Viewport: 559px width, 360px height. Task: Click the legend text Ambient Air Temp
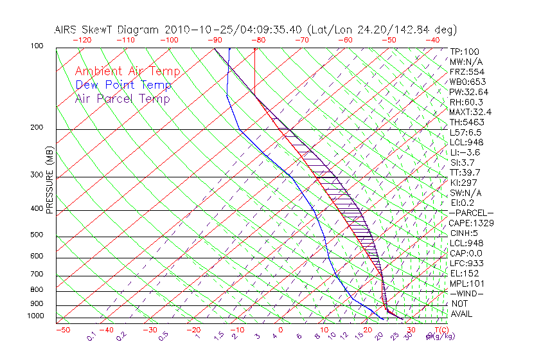tap(127, 71)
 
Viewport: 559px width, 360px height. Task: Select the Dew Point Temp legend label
tap(123, 85)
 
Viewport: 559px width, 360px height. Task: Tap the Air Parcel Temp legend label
tap(122, 98)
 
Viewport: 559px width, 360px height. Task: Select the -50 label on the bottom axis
tap(62, 330)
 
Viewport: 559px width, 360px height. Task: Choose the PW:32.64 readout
tap(469, 92)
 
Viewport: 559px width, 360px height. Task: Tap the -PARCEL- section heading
tap(471, 213)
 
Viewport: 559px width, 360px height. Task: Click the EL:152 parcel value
tap(464, 273)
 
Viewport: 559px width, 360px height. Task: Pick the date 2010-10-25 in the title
tap(192, 29)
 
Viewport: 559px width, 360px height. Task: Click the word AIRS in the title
tap(66, 29)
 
